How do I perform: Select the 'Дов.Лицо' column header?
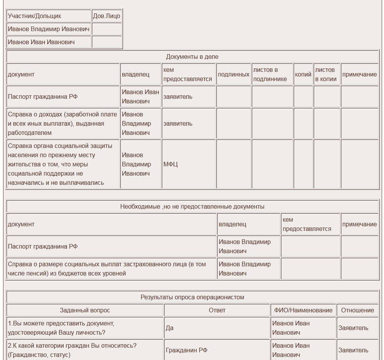click(x=106, y=16)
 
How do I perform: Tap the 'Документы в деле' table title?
click(x=192, y=57)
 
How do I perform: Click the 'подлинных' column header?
click(x=233, y=75)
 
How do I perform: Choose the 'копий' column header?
click(x=303, y=75)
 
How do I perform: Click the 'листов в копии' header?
click(x=326, y=75)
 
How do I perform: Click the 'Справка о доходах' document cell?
click(x=62, y=124)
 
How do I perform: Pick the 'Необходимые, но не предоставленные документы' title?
click(x=192, y=207)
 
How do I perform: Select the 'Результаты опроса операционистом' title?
click(x=192, y=297)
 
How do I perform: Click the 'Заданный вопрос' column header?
click(x=85, y=310)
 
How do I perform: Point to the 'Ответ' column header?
click(x=217, y=310)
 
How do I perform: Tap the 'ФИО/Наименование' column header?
click(x=303, y=310)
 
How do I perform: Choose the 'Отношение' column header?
click(x=357, y=310)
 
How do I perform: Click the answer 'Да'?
click(x=170, y=328)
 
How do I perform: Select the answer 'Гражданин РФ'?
click(x=186, y=350)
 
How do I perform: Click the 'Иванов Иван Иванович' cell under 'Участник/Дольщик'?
click(x=42, y=42)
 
